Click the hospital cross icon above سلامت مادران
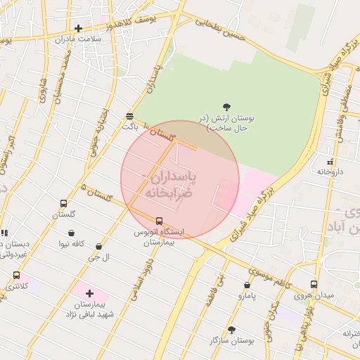(x=78, y=29)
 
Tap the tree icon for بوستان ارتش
(x=226, y=107)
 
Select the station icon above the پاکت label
(x=129, y=116)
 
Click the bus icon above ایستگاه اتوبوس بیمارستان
(x=158, y=221)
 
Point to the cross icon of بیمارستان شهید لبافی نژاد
(x=89, y=292)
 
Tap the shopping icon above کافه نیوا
(x=71, y=233)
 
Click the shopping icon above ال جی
(x=98, y=247)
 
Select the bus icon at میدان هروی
(x=313, y=285)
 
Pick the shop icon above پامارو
(x=247, y=285)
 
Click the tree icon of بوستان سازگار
(x=231, y=329)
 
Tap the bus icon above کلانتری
(x=16, y=276)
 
